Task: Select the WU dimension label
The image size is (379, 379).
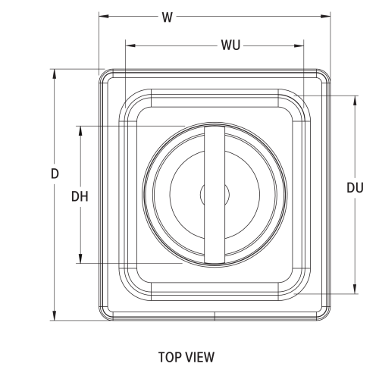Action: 231,46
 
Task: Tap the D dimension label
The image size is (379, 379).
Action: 55,173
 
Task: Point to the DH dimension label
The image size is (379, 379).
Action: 80,196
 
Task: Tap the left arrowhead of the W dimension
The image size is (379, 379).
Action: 103,17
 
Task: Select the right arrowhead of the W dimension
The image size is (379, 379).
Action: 327,17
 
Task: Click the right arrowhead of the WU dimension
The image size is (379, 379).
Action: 299,46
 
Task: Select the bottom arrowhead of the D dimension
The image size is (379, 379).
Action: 55,317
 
